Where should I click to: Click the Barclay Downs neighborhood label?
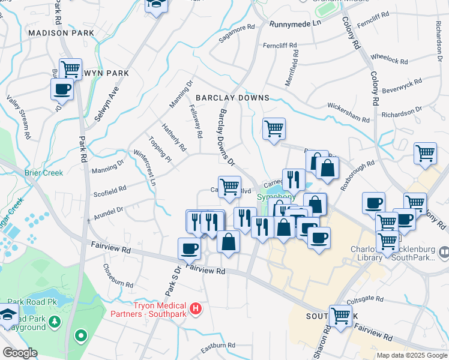pos(232,98)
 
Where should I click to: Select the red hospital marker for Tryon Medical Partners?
pos(195,310)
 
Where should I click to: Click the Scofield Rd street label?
pos(110,188)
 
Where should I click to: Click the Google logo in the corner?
pos(20,353)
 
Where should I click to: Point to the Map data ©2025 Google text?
pos(411,355)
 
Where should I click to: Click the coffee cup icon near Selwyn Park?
pos(62,89)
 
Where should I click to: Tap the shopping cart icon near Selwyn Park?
pos(71,68)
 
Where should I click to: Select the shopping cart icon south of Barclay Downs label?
pos(274,127)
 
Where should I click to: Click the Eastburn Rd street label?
pos(217,346)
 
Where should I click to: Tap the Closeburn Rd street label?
pos(118,275)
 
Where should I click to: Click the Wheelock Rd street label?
pos(389,59)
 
